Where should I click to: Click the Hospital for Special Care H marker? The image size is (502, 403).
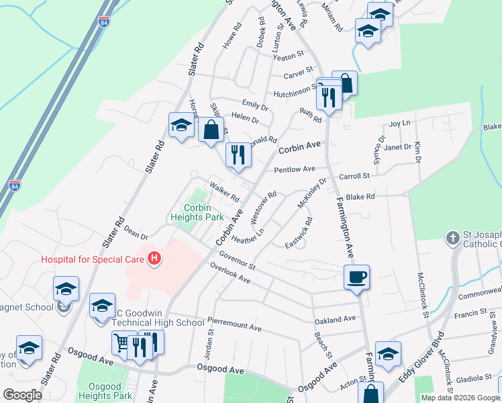pyautogui.click(x=155, y=258)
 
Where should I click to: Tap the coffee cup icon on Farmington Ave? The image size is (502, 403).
pyautogui.click(x=356, y=276)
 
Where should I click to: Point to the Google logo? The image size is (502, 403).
pyautogui.click(x=22, y=395)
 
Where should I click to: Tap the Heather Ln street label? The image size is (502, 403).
pyautogui.click(x=247, y=236)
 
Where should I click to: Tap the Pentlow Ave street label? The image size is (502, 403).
pyautogui.click(x=294, y=169)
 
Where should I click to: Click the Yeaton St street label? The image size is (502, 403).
pyautogui.click(x=289, y=57)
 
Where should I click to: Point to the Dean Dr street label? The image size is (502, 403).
pyautogui.click(x=135, y=232)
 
